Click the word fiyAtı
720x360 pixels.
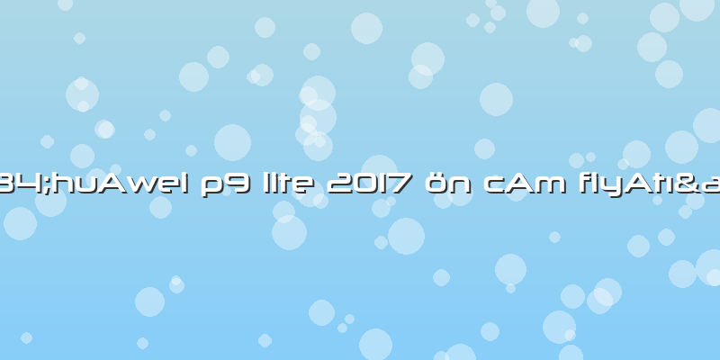point(642,186)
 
